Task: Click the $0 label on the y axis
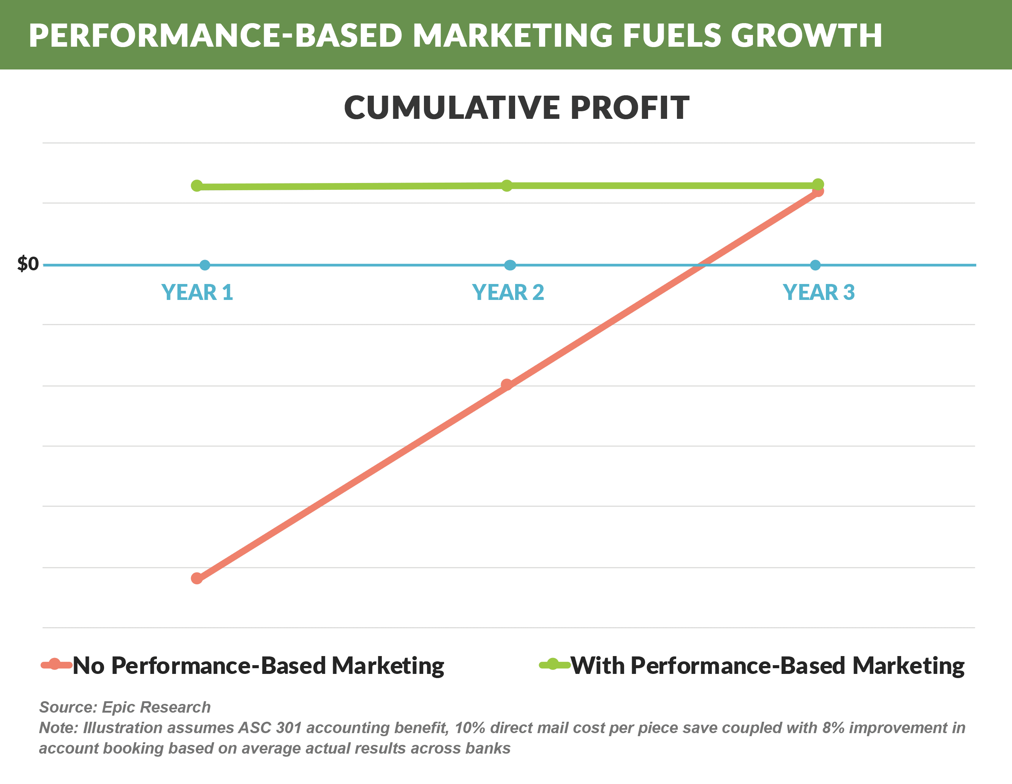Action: [28, 264]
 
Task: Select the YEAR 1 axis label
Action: [197, 292]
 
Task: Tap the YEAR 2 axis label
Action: [508, 292]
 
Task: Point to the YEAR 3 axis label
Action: [819, 292]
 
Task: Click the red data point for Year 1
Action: [197, 578]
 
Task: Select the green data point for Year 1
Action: [197, 186]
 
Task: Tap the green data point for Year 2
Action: [507, 185]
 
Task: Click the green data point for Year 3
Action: [818, 184]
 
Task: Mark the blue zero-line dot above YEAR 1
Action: [205, 265]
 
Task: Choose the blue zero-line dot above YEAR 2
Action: [510, 265]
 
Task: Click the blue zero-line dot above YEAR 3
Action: [816, 265]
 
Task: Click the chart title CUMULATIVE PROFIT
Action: [517, 107]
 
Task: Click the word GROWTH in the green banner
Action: [806, 35]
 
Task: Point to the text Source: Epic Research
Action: [125, 707]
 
